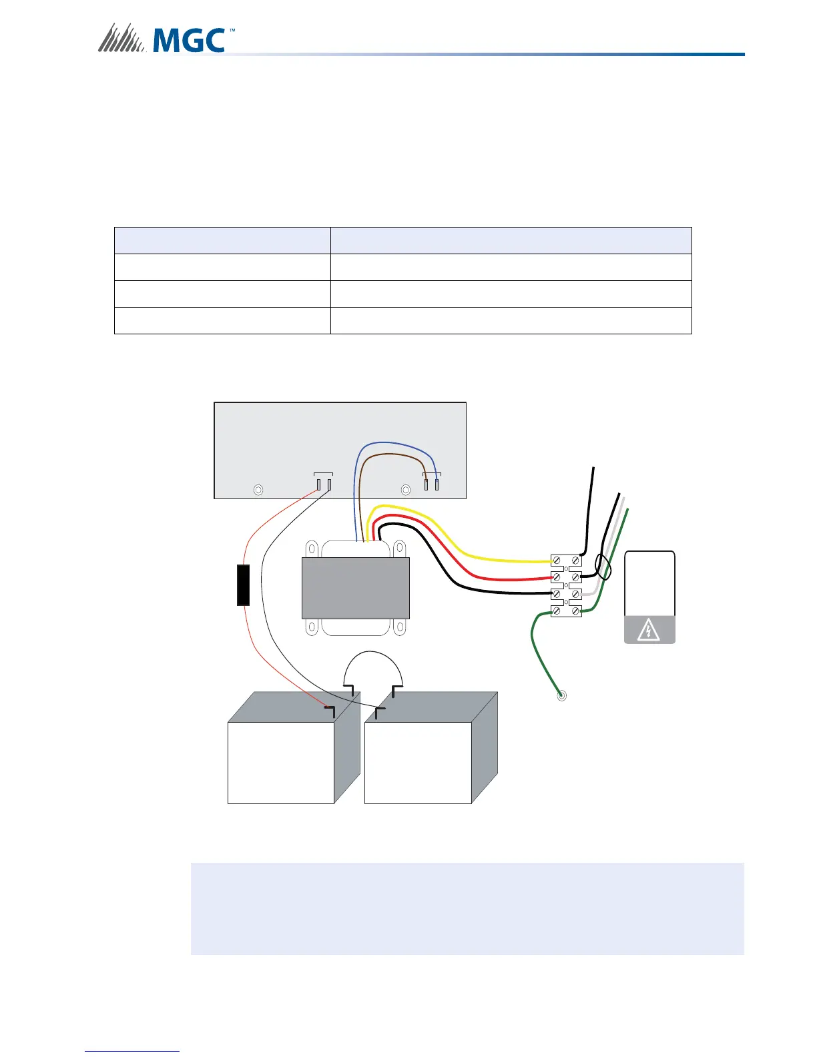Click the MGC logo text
coord(189,40)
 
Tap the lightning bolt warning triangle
coord(649,630)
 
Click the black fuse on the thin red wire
coord(244,585)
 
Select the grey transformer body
coord(355,588)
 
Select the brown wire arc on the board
coord(394,455)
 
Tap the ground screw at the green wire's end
coord(562,696)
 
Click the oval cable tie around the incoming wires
coord(603,568)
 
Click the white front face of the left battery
coord(280,763)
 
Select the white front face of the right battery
coord(418,763)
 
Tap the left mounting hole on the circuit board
coord(258,490)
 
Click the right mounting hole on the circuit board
coord(405,490)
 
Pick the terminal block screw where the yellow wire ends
coord(557,561)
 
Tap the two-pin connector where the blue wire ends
coord(432,482)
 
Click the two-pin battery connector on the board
coord(324,482)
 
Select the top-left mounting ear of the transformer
coord(310,548)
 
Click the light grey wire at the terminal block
coord(591,592)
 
